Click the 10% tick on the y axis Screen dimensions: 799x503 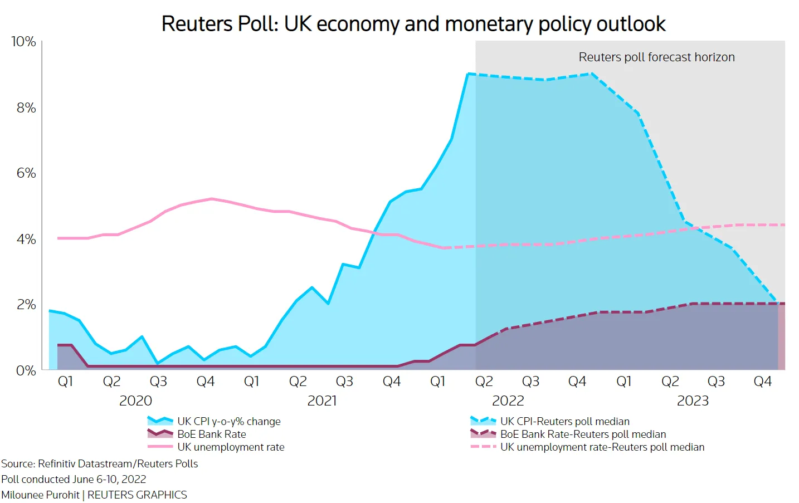tap(23, 42)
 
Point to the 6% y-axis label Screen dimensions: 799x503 tap(26, 173)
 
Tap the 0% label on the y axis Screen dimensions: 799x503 tap(26, 371)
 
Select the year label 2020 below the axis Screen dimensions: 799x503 tap(135, 401)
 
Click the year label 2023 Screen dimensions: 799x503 tap(693, 401)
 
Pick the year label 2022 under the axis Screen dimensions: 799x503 tap(508, 401)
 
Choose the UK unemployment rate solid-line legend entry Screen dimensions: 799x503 tap(216, 447)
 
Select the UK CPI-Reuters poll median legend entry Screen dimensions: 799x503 tap(550, 421)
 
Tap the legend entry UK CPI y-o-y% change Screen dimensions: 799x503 tap(214, 421)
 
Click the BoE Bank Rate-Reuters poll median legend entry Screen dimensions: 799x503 tap(568, 434)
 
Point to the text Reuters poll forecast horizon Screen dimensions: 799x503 tap(657, 57)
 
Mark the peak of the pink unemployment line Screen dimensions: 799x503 tap(212, 198)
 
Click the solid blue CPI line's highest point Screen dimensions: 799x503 tap(468, 74)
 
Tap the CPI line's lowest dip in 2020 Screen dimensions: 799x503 tap(158, 363)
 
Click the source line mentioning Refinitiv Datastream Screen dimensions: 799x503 tap(100, 464)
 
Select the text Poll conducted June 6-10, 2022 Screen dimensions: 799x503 tap(74, 479)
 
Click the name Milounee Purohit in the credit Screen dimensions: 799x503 tap(40, 495)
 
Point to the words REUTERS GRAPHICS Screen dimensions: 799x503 tap(137, 495)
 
